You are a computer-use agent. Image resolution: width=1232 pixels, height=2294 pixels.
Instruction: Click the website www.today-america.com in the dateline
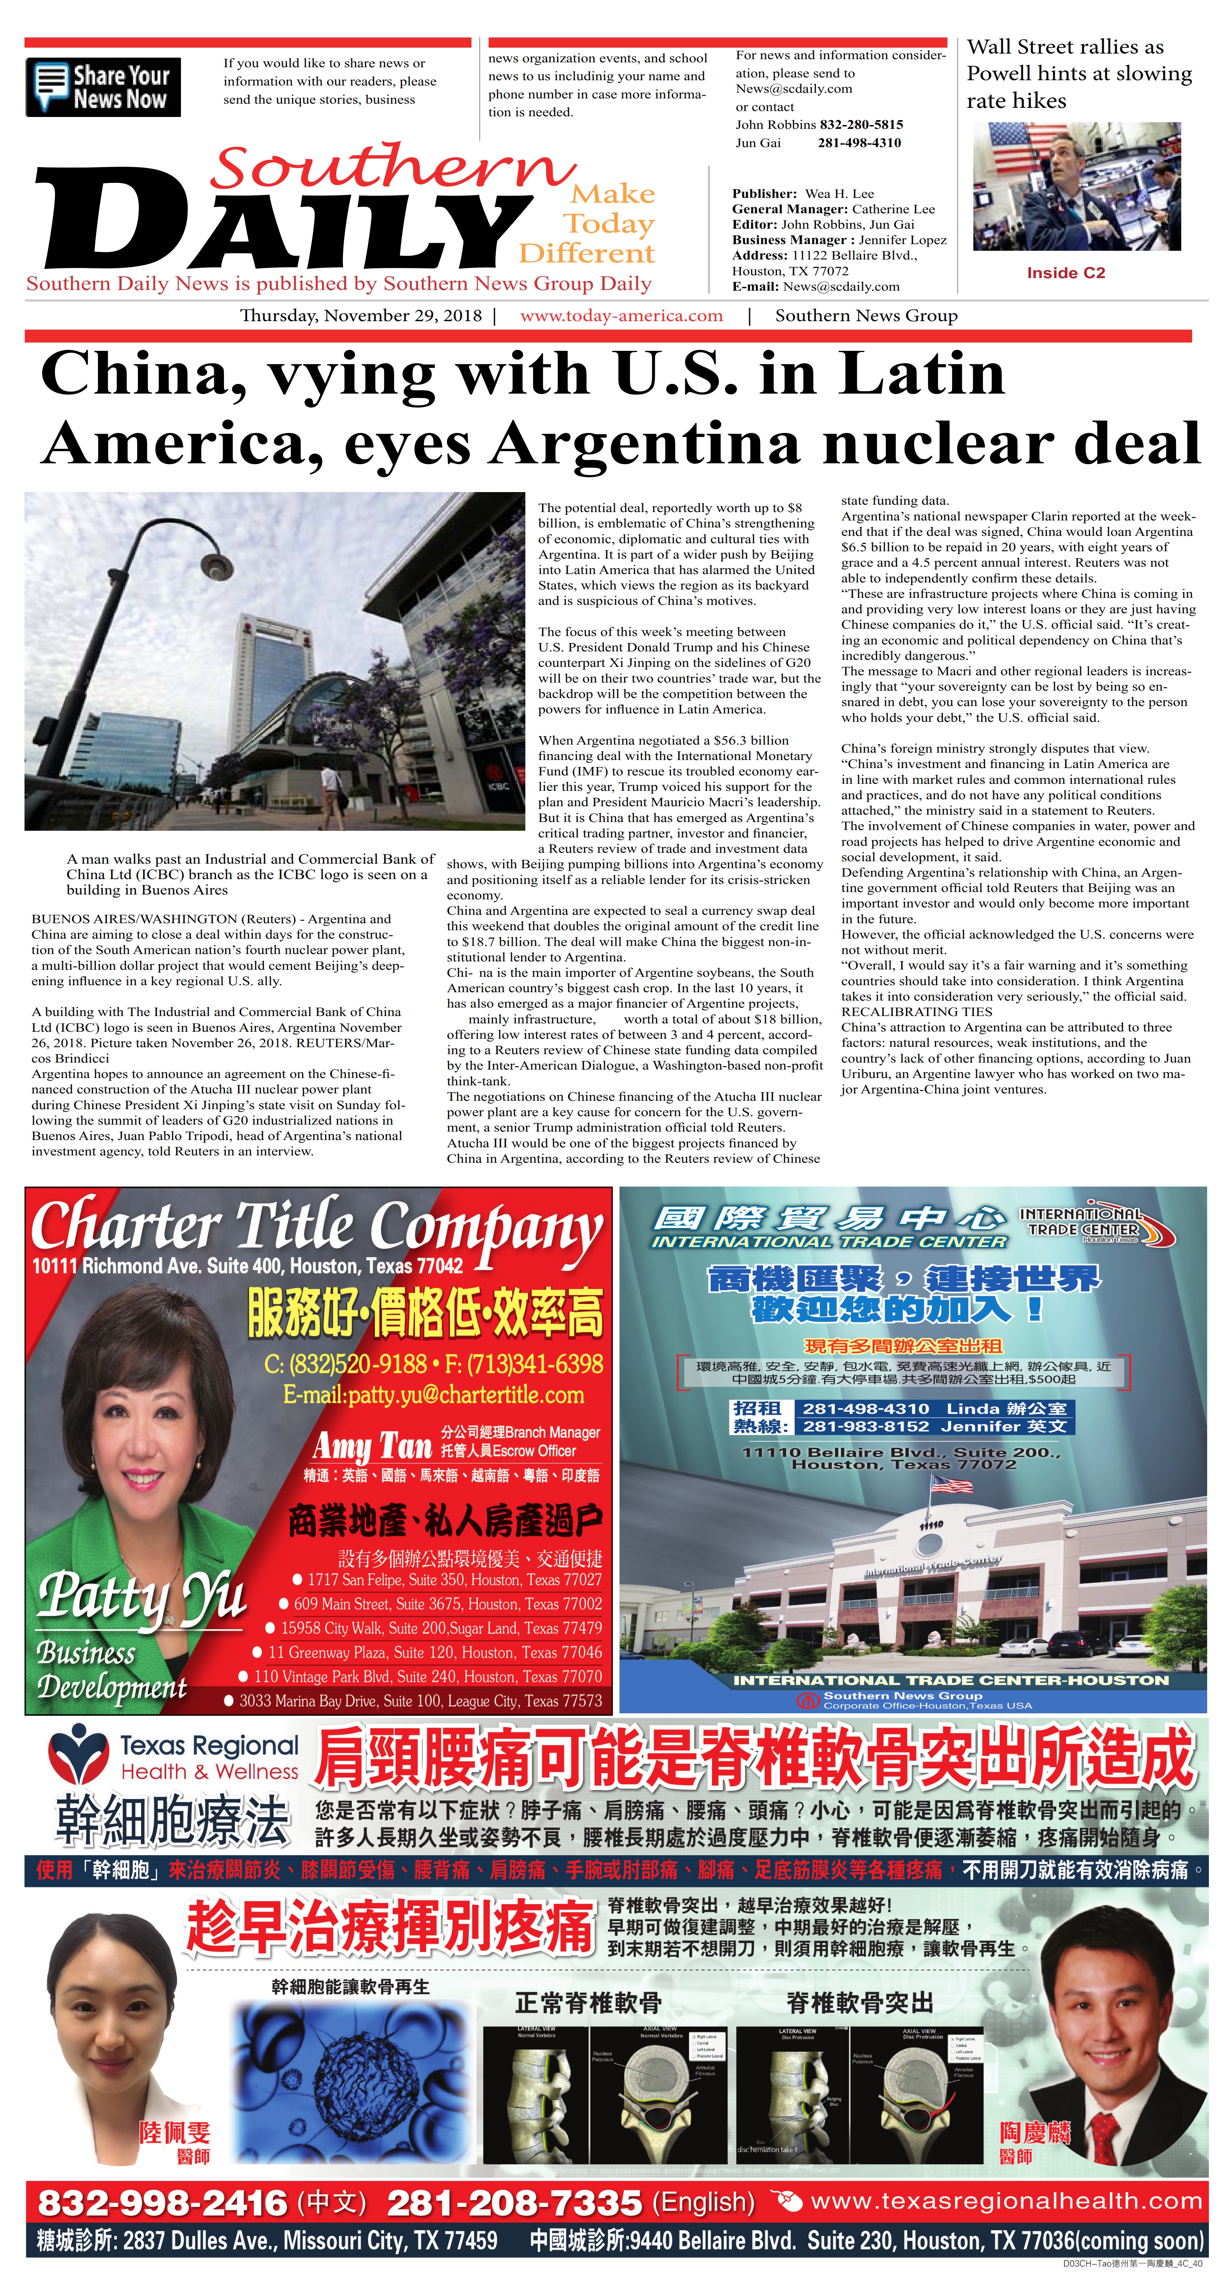[x=621, y=315]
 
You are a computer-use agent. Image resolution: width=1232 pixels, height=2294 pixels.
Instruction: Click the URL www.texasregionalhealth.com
[x=1006, y=2202]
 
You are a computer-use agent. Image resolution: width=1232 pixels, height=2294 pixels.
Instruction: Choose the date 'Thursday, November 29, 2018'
[x=360, y=315]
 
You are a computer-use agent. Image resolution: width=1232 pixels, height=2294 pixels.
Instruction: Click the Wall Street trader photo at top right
[x=1076, y=187]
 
